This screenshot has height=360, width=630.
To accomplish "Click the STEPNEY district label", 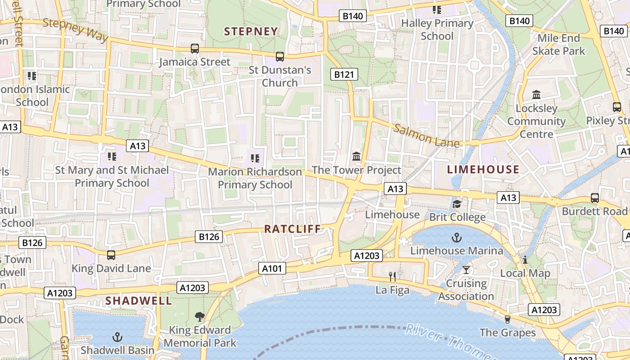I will click(251, 31).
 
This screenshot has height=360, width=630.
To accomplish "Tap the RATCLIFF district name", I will click(292, 229).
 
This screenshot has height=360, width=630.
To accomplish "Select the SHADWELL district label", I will click(139, 301).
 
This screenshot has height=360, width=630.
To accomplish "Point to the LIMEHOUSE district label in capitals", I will click(483, 169).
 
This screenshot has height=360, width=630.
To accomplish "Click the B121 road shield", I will click(344, 75).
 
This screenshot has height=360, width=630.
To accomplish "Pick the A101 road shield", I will click(272, 269).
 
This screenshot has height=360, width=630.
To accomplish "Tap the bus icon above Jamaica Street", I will click(195, 49).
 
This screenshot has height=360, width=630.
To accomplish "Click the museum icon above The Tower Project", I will click(356, 157).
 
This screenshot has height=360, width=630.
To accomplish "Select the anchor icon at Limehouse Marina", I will click(457, 237).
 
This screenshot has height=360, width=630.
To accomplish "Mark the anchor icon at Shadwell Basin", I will click(117, 337).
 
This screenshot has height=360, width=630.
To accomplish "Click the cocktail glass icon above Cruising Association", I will click(466, 270).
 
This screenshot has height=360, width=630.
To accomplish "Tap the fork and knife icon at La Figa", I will click(392, 277).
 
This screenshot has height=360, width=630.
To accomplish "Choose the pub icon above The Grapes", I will click(508, 319).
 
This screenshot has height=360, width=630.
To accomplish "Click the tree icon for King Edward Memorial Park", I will click(199, 317).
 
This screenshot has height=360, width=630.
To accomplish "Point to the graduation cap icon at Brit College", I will click(457, 204).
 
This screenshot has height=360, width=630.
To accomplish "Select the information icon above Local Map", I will click(525, 260).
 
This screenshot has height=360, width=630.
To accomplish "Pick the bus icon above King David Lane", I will click(111, 255).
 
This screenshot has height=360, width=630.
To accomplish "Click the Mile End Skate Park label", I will click(558, 45).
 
